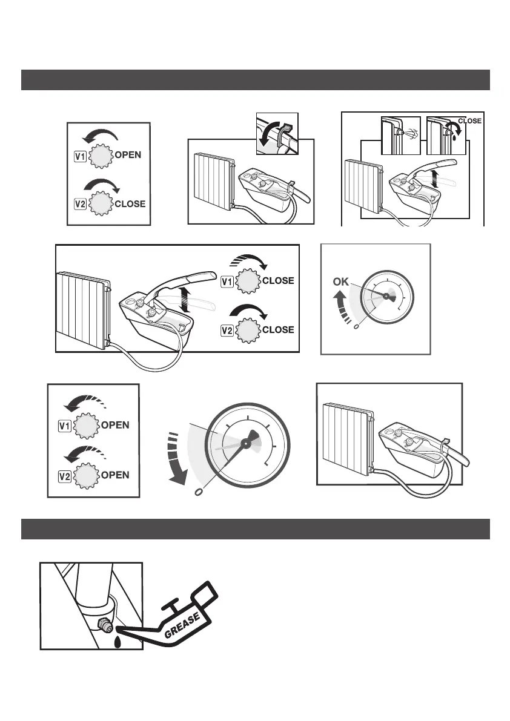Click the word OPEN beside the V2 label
(x=115, y=475)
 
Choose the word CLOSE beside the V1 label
(x=278, y=281)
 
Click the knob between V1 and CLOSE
(x=248, y=281)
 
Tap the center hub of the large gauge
(x=245, y=444)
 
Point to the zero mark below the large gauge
(x=197, y=492)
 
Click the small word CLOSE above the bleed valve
(x=469, y=121)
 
